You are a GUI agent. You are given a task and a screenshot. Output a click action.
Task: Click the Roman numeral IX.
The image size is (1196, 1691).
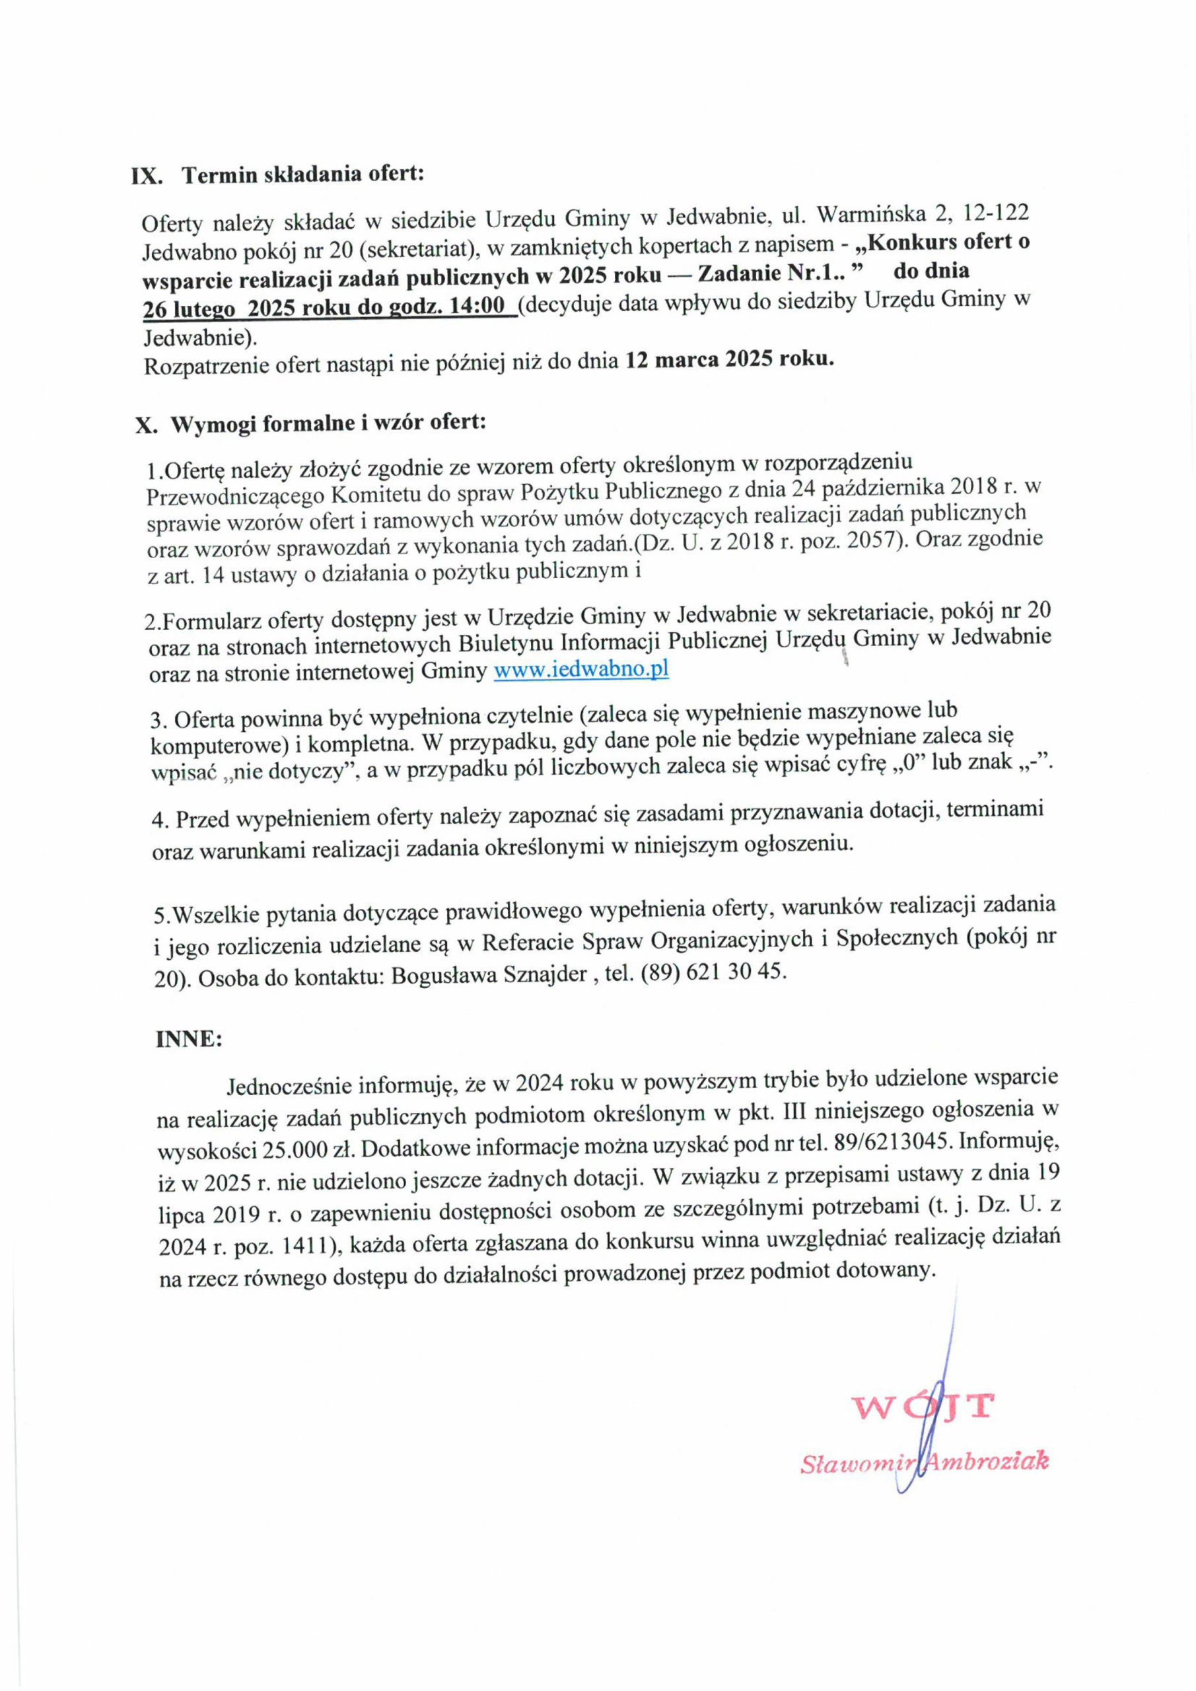(147, 178)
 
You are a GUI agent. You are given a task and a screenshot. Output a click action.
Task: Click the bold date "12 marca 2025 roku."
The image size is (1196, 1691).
(730, 360)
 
